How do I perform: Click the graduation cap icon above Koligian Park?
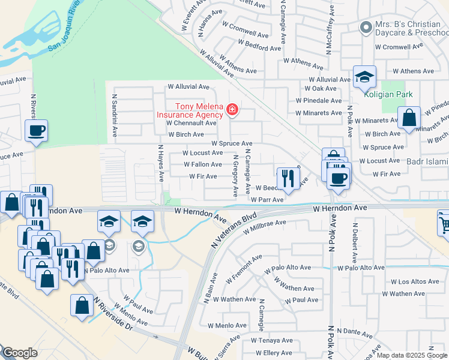tap(364, 77)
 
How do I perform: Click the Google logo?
tap(19, 353)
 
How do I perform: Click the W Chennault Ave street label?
tap(191, 122)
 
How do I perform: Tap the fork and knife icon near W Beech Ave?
tap(288, 178)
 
